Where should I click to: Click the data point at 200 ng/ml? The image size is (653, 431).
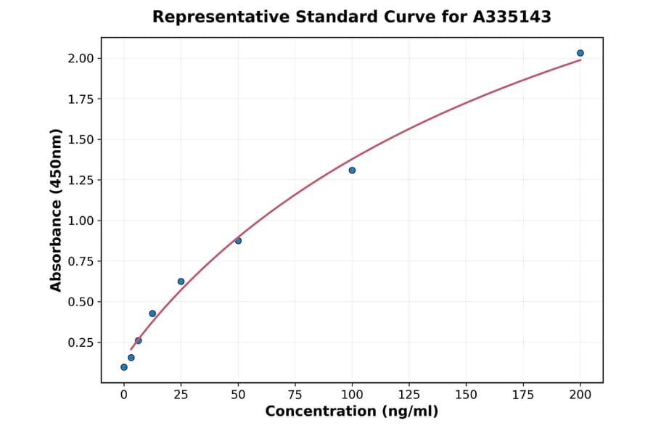(580, 53)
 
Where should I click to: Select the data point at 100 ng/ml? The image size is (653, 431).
(352, 171)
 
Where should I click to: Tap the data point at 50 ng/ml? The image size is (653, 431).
(238, 240)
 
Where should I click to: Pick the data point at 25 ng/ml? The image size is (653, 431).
(181, 282)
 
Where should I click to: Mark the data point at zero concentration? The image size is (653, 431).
(124, 367)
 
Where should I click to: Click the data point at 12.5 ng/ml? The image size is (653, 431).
(152, 313)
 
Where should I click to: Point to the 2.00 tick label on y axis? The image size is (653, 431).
(80, 58)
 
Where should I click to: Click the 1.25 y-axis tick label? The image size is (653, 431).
(80, 180)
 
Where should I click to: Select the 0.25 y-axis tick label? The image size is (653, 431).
(80, 342)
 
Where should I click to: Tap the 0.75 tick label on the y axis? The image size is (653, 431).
(80, 261)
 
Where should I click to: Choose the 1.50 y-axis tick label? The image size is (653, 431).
(80, 139)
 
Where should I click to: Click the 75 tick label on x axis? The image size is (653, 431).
(295, 395)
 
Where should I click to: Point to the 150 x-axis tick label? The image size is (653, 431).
(467, 395)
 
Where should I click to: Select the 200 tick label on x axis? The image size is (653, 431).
(580, 395)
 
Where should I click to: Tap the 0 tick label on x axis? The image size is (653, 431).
(124, 395)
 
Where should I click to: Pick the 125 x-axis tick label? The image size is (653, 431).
(409, 395)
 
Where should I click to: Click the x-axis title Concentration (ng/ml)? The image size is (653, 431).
(352, 412)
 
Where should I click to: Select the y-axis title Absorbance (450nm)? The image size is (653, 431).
(57, 210)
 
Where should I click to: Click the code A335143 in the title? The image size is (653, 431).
(512, 17)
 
